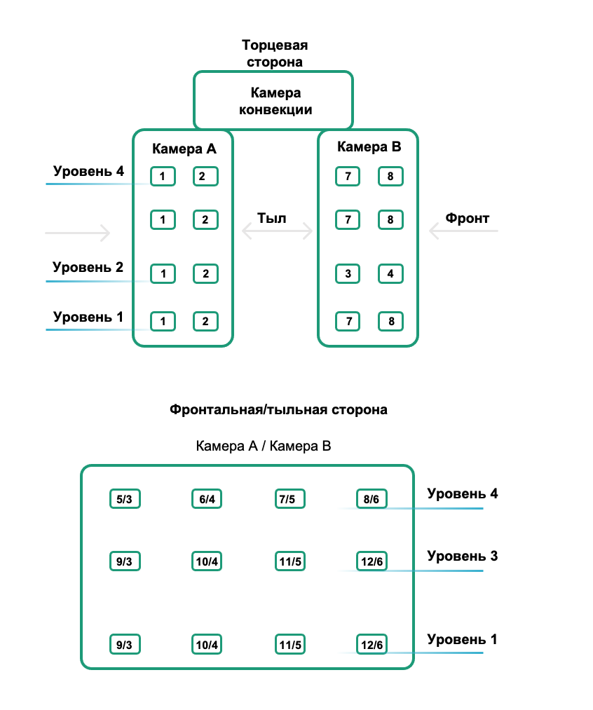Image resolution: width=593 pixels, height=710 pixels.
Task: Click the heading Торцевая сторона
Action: click(275, 54)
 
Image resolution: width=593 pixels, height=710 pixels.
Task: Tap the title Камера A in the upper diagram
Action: click(184, 149)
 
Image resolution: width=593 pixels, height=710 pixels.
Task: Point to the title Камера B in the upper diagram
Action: click(369, 147)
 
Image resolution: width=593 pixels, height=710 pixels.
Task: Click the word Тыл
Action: click(272, 218)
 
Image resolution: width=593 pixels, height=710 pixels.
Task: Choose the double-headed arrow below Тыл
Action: click(277, 231)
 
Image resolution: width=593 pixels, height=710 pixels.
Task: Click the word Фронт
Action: click(468, 218)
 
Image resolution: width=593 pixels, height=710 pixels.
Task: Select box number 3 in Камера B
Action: click(348, 273)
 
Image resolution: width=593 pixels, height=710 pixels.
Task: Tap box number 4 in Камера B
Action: click(390, 273)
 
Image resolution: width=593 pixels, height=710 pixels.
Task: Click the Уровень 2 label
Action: click(88, 267)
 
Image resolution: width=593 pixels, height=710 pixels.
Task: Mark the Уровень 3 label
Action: click(463, 557)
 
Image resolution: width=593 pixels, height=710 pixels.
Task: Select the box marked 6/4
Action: click(206, 500)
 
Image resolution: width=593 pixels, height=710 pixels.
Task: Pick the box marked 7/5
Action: click(287, 500)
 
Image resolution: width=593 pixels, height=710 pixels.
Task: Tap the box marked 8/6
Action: click(371, 500)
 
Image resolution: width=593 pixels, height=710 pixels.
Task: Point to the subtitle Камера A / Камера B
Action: click(264, 446)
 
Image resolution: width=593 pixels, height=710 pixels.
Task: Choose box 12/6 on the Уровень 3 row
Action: click(371, 561)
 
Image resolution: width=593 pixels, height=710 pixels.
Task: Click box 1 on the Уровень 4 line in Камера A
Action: click(163, 176)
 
